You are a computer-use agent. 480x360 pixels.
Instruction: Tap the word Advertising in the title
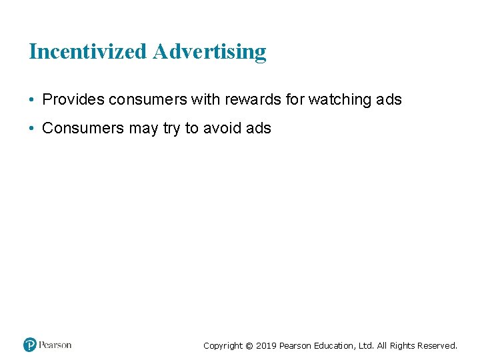pos(209,52)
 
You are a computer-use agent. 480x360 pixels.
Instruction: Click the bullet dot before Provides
pos(32,101)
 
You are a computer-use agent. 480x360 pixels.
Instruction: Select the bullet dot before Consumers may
pos(32,129)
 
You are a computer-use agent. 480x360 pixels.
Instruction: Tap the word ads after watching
pos(389,100)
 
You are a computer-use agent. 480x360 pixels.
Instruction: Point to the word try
pos(171,129)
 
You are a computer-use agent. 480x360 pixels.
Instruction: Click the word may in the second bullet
pos(143,129)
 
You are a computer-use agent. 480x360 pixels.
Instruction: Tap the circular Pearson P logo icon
pos(30,345)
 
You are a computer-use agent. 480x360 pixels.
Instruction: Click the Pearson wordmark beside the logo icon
pos(55,345)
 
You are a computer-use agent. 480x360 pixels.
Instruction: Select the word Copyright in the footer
pos(223,345)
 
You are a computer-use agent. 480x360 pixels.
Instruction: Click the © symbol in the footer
pos(249,345)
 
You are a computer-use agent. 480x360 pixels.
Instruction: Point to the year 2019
pos(267,345)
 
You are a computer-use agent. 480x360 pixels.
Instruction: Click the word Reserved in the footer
pos(437,345)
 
